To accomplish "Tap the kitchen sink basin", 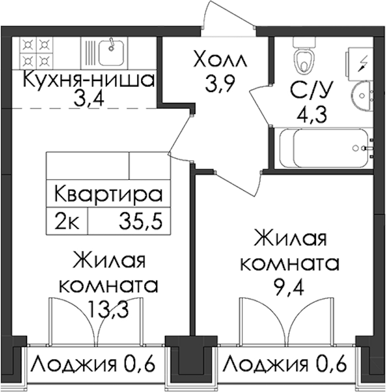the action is click(x=111, y=53).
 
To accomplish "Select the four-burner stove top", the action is click(x=36, y=53).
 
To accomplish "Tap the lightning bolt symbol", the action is click(x=362, y=63).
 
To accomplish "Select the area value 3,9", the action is click(x=219, y=84).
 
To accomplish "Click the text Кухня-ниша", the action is click(x=89, y=80).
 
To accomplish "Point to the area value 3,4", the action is click(x=89, y=99).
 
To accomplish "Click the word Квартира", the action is click(x=109, y=194).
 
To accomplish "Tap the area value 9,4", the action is click(x=289, y=287).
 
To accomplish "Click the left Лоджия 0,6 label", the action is click(x=93, y=364).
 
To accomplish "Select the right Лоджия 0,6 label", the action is click(x=284, y=364).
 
